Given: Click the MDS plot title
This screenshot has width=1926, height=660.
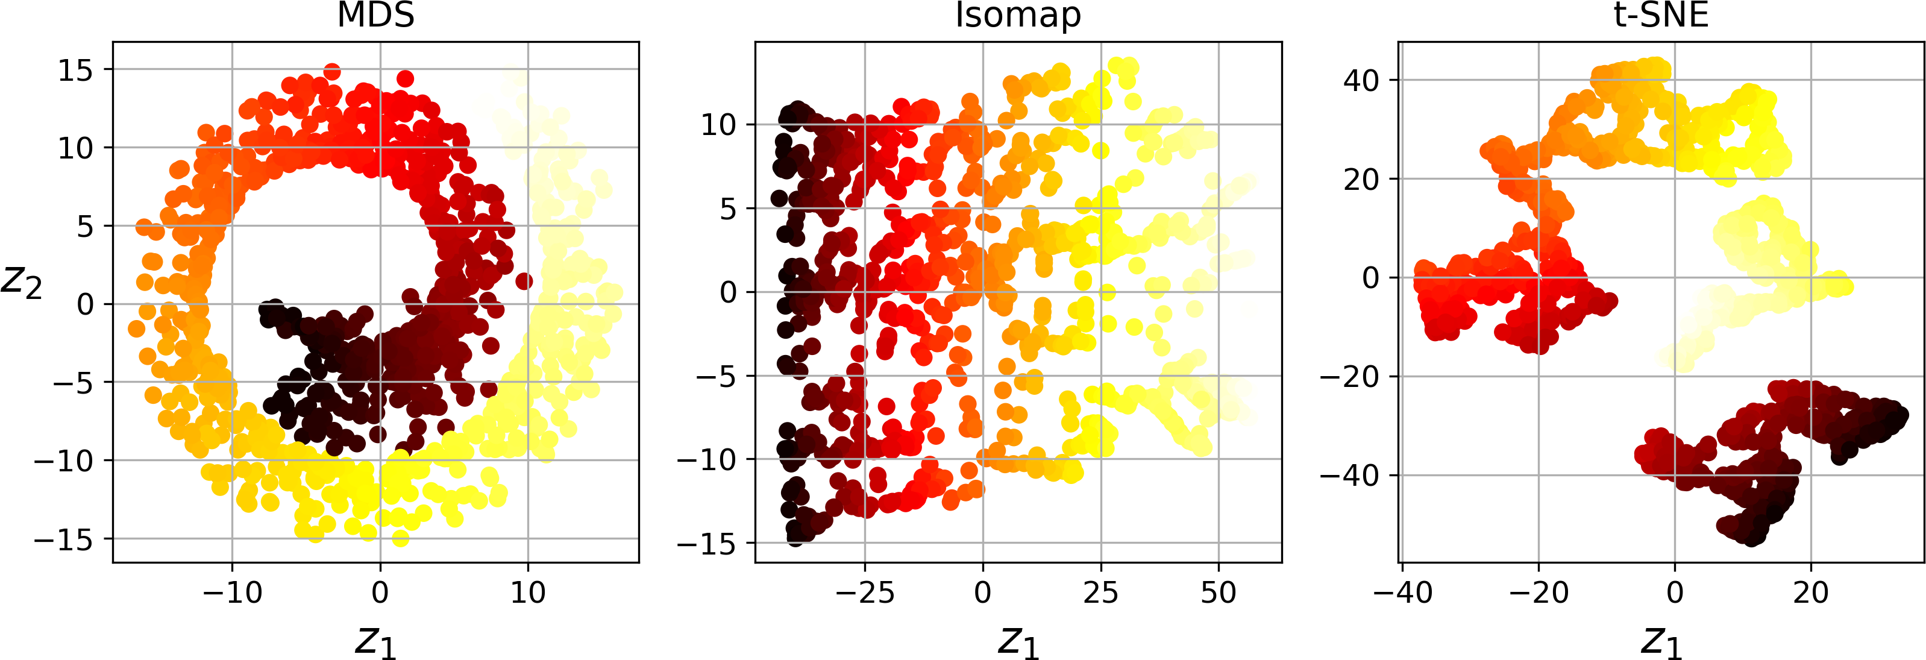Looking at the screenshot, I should coord(375,15).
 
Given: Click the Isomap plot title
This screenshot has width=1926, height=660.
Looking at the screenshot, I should coord(1018,15).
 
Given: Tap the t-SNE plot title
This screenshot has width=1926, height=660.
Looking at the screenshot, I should coord(1661,15).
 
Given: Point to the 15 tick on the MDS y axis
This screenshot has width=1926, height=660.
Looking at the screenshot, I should coord(75,71).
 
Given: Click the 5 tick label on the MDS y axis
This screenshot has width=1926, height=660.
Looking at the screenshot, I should coord(85,227).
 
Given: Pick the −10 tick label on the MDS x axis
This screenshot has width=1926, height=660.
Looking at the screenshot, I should coord(233,592).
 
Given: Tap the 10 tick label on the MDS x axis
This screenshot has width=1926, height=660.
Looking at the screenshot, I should coord(528,592).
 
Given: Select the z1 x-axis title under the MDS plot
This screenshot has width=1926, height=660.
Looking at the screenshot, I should coord(375,641).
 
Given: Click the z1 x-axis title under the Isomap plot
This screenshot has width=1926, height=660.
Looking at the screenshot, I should coord(1018,641).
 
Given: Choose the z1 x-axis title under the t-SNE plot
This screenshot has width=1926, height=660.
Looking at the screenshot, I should coord(1661,641).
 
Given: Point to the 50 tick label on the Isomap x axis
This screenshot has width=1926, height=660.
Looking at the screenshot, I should coord(1218,592).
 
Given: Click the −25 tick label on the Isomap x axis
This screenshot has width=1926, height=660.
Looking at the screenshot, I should coord(865,592).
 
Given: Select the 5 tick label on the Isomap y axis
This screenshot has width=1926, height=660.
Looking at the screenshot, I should coord(727,209).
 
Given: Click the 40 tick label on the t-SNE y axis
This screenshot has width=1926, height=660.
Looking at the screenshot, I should coord(1361,80).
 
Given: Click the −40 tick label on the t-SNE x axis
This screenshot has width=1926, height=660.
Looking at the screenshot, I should coord(1403,592).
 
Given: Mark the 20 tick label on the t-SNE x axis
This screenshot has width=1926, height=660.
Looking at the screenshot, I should coord(1810,592).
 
